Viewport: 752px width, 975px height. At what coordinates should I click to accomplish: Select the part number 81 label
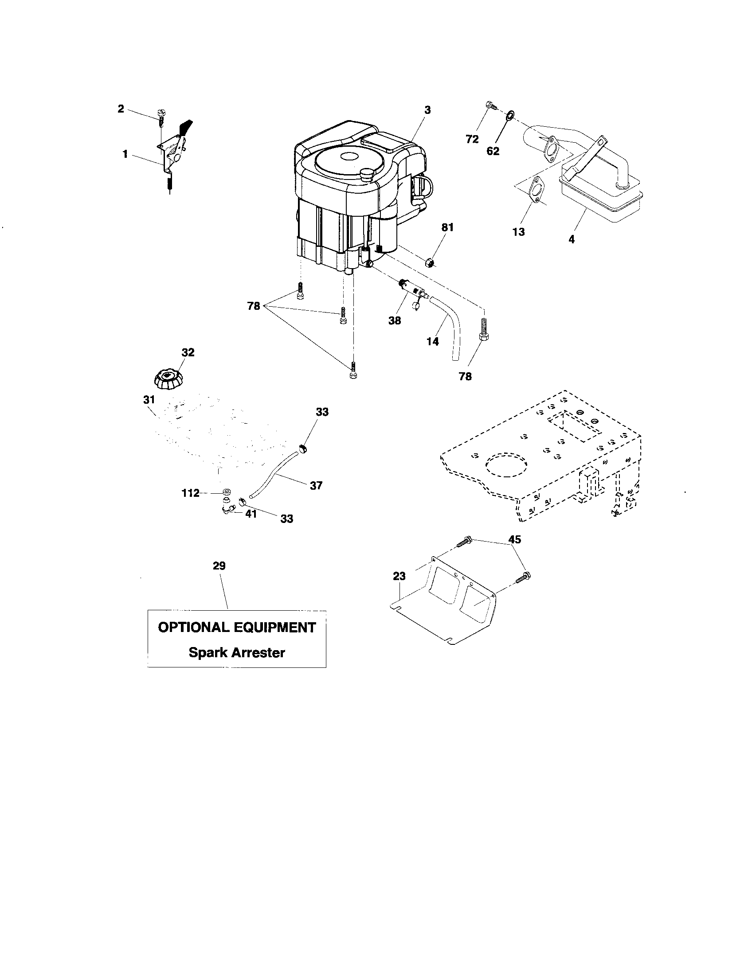tap(447, 227)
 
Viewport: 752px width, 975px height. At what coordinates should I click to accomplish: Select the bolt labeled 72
tap(490, 106)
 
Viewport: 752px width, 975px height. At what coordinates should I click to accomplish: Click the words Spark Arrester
tap(237, 652)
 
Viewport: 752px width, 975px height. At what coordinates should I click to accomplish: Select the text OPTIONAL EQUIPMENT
tap(237, 627)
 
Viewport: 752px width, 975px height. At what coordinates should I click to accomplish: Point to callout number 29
tap(219, 565)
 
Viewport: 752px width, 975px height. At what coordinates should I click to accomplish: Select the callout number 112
tap(190, 493)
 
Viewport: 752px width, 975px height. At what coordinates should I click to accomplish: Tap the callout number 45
tap(515, 539)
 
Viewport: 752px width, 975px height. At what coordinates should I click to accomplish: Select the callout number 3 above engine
tap(427, 109)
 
